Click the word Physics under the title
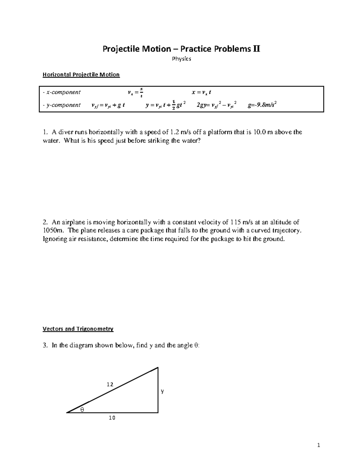(x=181, y=59)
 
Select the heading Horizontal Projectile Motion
(x=81, y=75)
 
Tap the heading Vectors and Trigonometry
(x=78, y=329)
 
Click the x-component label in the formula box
(x=62, y=92)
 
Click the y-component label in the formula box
(x=62, y=105)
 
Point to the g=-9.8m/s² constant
(x=262, y=105)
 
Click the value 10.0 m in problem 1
(x=262, y=132)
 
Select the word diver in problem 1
(x=65, y=132)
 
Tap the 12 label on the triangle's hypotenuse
(x=110, y=384)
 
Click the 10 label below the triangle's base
(x=112, y=418)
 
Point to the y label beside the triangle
(x=162, y=391)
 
